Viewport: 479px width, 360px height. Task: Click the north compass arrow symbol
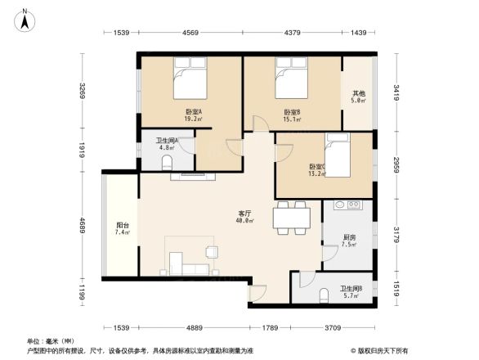tap(26, 19)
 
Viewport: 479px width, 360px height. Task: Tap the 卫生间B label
tap(351, 290)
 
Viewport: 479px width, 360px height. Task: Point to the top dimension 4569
tap(190, 33)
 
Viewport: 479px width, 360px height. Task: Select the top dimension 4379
tap(292, 33)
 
